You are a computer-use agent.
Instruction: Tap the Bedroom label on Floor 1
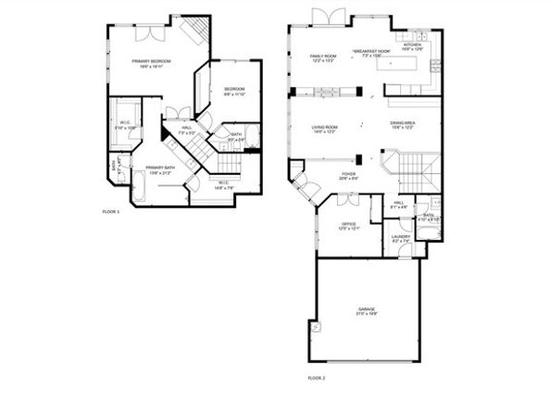(232, 90)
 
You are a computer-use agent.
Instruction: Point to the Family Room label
(322, 56)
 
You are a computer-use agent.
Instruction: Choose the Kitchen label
(411, 44)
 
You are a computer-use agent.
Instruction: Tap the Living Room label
(324, 127)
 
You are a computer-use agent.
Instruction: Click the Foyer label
(348, 173)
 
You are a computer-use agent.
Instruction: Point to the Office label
(348, 224)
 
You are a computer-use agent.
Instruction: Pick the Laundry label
(401, 237)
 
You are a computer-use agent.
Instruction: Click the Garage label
(367, 308)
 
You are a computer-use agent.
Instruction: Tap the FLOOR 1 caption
(111, 212)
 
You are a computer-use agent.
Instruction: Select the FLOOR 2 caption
(317, 378)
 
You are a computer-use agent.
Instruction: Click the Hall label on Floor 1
(186, 131)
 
